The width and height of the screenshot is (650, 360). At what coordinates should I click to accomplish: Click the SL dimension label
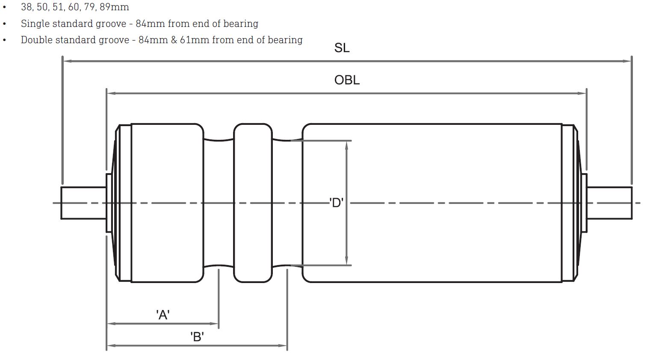(342, 48)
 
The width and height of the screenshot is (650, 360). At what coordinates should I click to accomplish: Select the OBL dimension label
(347, 80)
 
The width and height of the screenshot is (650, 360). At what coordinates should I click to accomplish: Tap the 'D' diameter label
(337, 203)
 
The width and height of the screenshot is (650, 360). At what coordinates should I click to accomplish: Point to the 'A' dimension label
(163, 315)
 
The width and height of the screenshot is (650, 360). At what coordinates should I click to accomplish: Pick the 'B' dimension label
(197, 337)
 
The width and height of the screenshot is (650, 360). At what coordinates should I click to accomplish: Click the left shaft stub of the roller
(83, 203)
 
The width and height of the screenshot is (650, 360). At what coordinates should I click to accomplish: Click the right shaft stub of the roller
(609, 203)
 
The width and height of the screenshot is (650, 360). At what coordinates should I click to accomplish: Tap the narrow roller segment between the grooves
(253, 203)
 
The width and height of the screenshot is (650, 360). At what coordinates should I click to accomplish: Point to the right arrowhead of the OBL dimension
(582, 93)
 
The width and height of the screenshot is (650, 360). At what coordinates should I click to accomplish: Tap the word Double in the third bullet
(37, 40)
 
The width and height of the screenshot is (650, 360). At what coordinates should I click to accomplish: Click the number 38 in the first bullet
(27, 7)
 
